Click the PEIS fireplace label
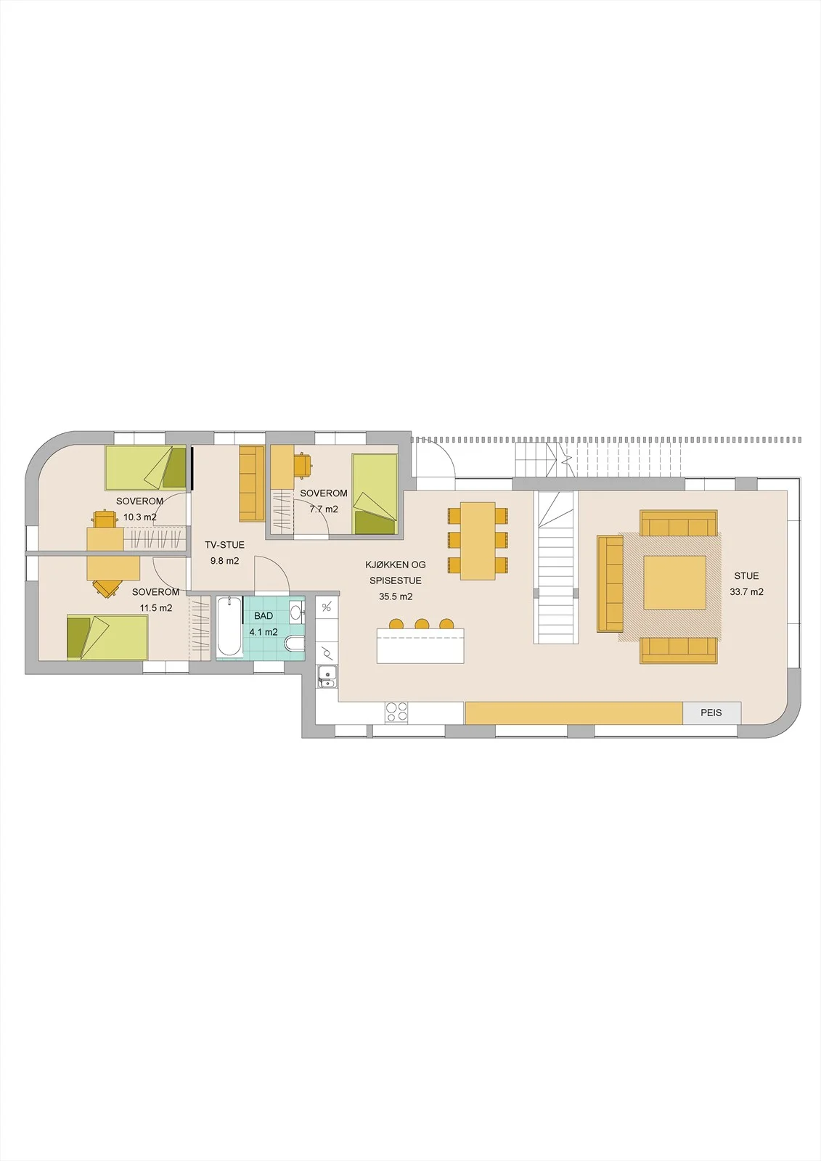[x=711, y=713]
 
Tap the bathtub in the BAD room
[x=229, y=627]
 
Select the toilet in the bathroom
[x=294, y=644]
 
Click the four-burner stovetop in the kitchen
[x=397, y=711]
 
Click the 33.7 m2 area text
[x=746, y=592]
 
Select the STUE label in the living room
[x=746, y=576]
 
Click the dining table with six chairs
[x=478, y=541]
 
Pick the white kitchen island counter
[x=420, y=645]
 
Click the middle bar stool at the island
[x=421, y=623]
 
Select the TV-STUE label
[x=224, y=545]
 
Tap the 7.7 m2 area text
[x=324, y=509]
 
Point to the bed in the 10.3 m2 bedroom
[x=145, y=467]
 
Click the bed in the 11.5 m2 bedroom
[x=107, y=637]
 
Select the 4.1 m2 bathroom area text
[x=264, y=632]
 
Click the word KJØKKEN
[x=383, y=565]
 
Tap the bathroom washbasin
[x=295, y=612]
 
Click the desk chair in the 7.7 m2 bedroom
[x=303, y=464]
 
